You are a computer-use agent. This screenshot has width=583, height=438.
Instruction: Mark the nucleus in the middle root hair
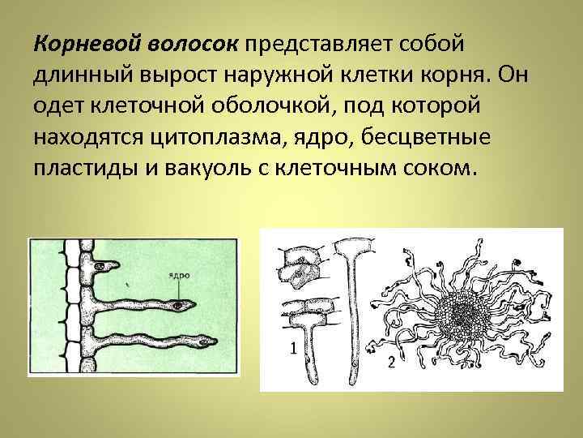[x=177, y=306]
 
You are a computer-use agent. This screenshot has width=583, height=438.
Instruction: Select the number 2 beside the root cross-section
[x=391, y=362]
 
